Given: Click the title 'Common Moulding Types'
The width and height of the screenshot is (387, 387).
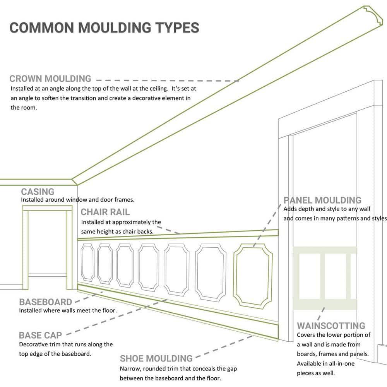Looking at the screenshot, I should (104, 28).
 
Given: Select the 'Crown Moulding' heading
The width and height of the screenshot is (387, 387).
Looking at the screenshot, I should (50, 79).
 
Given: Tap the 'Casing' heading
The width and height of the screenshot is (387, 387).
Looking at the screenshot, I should (38, 192).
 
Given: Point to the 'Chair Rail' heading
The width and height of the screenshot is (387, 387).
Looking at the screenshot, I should (105, 212).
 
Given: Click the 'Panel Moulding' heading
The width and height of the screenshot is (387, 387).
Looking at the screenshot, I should (322, 200).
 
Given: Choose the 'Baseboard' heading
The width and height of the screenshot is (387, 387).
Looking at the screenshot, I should (46, 302).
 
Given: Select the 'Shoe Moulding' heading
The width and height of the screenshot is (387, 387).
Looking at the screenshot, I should (156, 358).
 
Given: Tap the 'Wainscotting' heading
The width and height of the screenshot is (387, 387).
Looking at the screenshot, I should (331, 325).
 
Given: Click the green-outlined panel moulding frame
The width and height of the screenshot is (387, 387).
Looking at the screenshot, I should (253, 276).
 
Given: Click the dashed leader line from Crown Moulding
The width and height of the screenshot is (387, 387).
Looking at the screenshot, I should (166, 81).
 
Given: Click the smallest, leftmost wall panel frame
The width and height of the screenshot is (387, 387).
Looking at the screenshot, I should (87, 262).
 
